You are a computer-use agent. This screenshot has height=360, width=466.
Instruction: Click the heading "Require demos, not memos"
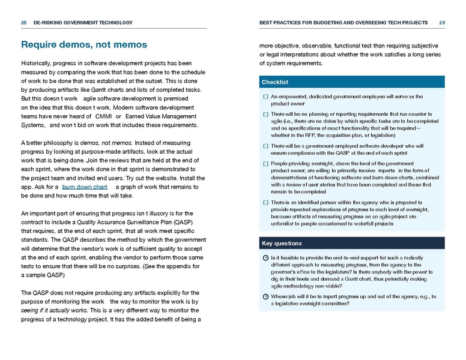pyautogui.click(x=83, y=44)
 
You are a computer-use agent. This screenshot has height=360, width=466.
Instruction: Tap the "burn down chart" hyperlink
pyautogui.click(x=85, y=187)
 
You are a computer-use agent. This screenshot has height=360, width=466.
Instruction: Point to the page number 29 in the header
pyautogui.click(x=442, y=23)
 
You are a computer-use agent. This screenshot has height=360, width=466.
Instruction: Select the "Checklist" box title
pyautogui.click(x=275, y=82)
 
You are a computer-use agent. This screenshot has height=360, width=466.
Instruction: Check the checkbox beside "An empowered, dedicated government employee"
pyautogui.click(x=265, y=97)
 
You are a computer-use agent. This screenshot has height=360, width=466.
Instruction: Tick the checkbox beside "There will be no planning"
pyautogui.click(x=265, y=113)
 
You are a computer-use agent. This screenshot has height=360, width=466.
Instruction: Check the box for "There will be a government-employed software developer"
pyautogui.click(x=265, y=146)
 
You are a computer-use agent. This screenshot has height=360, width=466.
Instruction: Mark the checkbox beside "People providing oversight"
pyautogui.click(x=265, y=163)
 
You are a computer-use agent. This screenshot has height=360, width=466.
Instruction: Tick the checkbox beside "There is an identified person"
pyautogui.click(x=265, y=203)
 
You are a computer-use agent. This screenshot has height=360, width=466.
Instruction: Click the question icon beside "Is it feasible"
pyautogui.click(x=265, y=257)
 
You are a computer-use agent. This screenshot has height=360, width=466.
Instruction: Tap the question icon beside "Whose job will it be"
pyautogui.click(x=265, y=296)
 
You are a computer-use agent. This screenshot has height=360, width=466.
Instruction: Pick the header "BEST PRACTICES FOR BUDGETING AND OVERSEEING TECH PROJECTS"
pyautogui.click(x=343, y=23)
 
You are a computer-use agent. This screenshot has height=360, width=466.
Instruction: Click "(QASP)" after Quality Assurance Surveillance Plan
pyautogui.click(x=184, y=221)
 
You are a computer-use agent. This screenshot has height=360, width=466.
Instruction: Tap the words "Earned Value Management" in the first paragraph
pyautogui.click(x=159, y=116)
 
